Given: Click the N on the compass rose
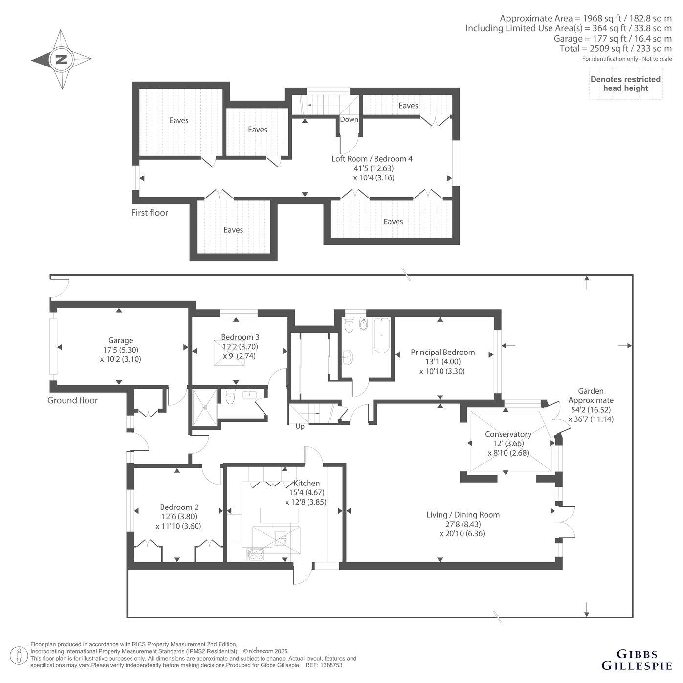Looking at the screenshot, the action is [x=62, y=59].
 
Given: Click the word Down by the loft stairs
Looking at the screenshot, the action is [x=349, y=119].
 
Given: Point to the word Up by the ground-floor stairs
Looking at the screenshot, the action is [x=300, y=427].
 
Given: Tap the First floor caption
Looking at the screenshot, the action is [x=150, y=213].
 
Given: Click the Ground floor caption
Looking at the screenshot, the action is [x=72, y=400].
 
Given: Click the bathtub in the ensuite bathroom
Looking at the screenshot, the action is [x=381, y=336].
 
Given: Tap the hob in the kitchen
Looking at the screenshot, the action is [x=255, y=554].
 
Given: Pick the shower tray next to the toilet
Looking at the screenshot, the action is [x=204, y=408].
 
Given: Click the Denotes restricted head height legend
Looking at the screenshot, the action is [x=626, y=84].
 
